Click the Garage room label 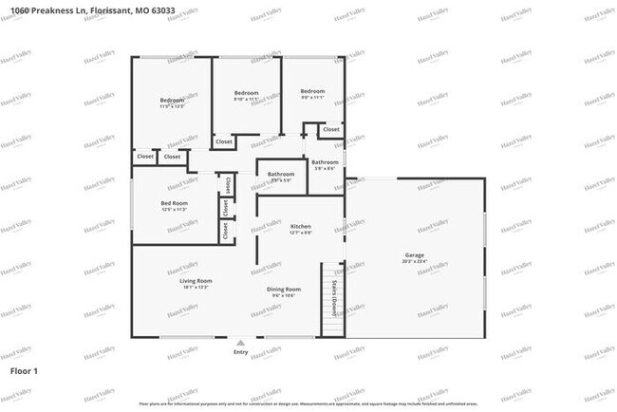coord(415,254)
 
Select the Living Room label coord(196,281)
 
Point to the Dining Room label coord(284,289)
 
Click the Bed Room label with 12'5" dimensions coord(175,203)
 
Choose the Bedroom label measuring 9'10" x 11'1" coord(247,92)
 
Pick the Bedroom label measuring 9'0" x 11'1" coord(312,91)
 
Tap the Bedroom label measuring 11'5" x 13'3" coord(172,100)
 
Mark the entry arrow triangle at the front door coord(240,343)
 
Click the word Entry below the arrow coord(240,353)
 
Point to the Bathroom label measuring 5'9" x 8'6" coord(326,162)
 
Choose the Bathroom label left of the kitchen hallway coord(280,174)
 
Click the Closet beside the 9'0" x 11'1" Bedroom coord(330,130)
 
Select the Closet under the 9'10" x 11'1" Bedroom coord(224,141)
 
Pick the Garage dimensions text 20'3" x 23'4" coord(415,261)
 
